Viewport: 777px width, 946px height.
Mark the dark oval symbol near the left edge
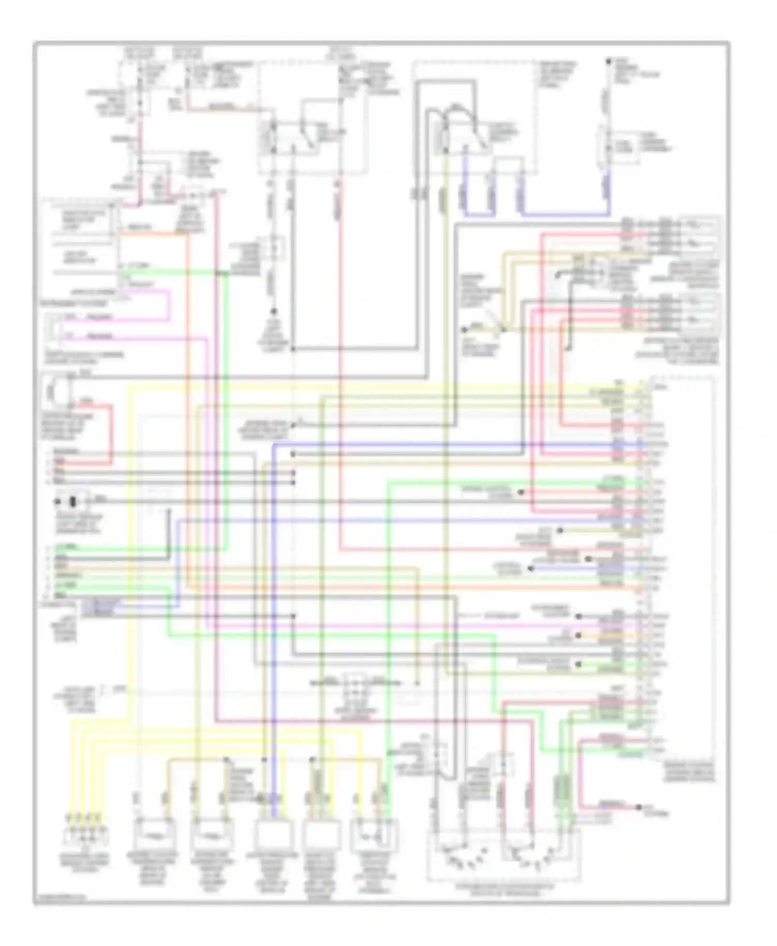click(73, 502)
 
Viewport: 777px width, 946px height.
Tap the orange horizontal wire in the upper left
click(153, 233)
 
